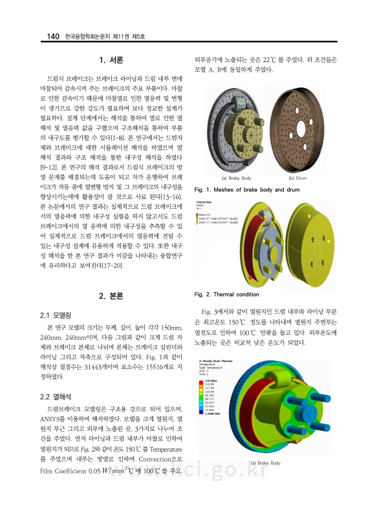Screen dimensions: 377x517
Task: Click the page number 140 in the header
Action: click(x=50, y=37)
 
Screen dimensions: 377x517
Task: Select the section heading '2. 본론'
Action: click(x=111, y=297)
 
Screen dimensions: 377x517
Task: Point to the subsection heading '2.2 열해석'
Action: click(x=55, y=396)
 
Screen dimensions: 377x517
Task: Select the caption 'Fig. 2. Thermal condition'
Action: click(x=226, y=295)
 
